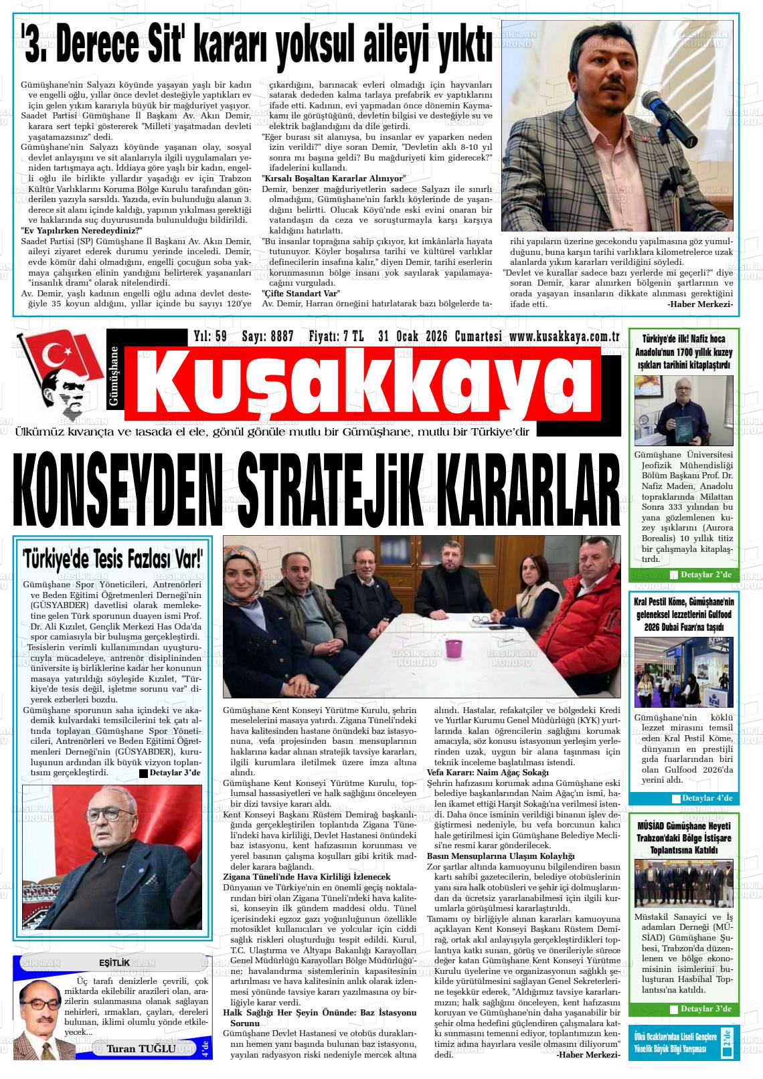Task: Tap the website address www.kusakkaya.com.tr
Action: [564, 336]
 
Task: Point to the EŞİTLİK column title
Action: [114, 962]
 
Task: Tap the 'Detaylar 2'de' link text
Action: [706, 575]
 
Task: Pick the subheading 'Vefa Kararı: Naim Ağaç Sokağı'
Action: [487, 772]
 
